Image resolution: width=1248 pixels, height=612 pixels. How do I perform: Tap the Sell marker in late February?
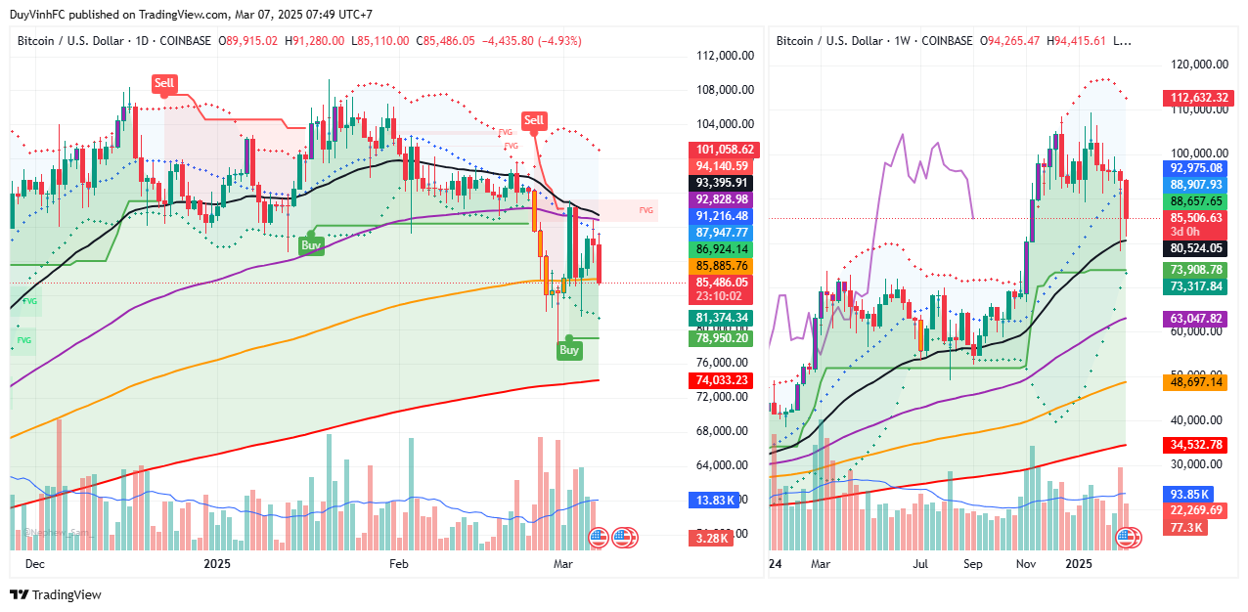(x=533, y=120)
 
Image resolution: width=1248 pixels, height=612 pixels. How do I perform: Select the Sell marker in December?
(x=164, y=83)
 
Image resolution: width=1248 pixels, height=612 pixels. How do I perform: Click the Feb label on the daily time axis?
(x=398, y=564)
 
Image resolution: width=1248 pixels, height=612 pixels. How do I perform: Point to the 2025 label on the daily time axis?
(x=217, y=564)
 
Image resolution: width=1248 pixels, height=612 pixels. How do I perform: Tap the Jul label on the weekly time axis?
(x=920, y=564)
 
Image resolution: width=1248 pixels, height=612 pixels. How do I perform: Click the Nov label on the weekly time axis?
(x=1026, y=564)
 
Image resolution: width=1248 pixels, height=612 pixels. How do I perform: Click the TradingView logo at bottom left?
(x=56, y=594)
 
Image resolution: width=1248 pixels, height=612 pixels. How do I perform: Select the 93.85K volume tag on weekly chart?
(x=1186, y=494)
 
